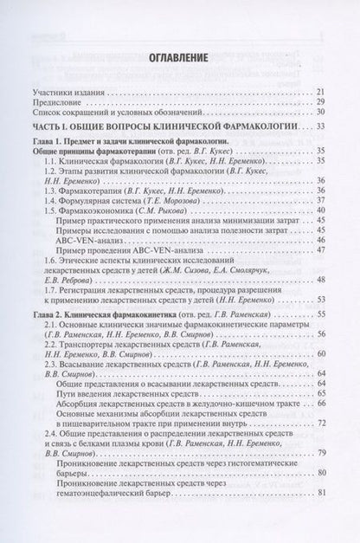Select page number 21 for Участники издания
pyautogui.click(x=320, y=91)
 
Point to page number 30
pyautogui.click(x=320, y=113)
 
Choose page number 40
pyautogui.click(x=320, y=210)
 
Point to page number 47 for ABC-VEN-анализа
pyautogui.click(x=320, y=249)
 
